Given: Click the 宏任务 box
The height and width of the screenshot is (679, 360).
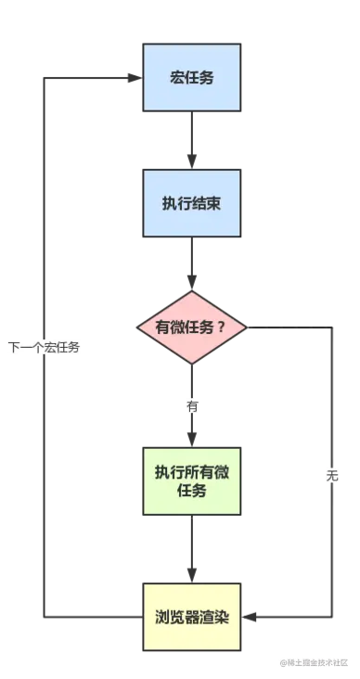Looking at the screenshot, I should click(x=192, y=78).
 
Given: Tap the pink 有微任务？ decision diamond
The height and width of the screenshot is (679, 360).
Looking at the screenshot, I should click(x=192, y=327).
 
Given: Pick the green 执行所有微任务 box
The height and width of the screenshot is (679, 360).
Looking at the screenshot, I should click(x=192, y=481).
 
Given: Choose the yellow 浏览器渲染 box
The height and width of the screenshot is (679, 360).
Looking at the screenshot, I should click(x=192, y=617).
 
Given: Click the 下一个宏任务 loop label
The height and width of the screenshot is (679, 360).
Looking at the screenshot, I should click(x=45, y=348).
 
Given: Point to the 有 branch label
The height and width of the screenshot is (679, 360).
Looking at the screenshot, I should click(x=193, y=406).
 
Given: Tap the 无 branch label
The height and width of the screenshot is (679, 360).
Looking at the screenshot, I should click(x=333, y=478).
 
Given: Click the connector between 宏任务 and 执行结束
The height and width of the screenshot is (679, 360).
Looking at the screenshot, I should click(x=192, y=141).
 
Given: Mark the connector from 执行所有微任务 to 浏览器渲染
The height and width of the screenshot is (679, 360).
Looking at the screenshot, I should click(x=192, y=549).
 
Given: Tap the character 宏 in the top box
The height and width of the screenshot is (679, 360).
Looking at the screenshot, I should click(x=177, y=78).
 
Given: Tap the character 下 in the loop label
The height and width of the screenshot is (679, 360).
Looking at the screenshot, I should click(x=13, y=348).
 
